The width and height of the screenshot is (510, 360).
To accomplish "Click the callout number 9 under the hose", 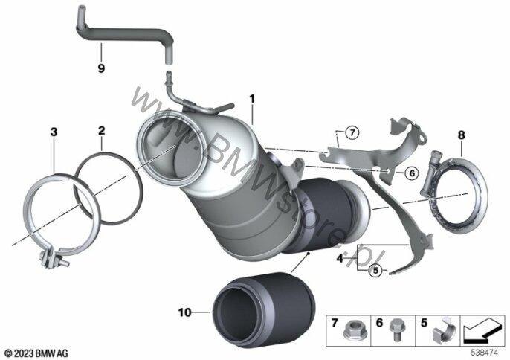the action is click(x=101, y=68).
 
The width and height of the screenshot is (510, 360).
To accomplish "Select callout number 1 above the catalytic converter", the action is click(x=252, y=98).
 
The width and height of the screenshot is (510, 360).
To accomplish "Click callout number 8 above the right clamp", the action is click(x=462, y=135).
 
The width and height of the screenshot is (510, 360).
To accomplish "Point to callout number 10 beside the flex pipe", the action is click(x=184, y=312).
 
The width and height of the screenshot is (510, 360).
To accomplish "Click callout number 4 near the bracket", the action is click(x=340, y=258).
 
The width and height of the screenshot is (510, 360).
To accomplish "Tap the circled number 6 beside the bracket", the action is click(x=412, y=173).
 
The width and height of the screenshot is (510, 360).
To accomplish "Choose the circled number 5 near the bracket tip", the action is click(x=375, y=270).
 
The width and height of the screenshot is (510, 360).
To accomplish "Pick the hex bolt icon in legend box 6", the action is click(x=396, y=330).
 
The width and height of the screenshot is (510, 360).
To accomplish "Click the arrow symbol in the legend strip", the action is click(x=482, y=330).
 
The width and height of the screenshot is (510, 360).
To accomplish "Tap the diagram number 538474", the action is click(x=485, y=352).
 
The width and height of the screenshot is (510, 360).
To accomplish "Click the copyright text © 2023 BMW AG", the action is click(x=36, y=353).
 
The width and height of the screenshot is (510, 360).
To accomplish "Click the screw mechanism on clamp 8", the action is click(x=431, y=173).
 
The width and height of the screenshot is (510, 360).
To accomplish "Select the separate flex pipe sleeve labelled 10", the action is click(x=263, y=310).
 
